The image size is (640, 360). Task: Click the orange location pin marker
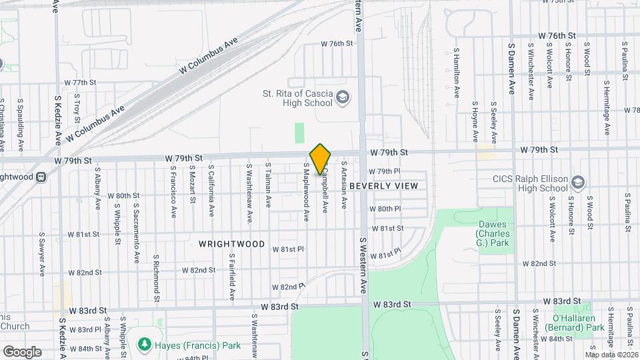321,159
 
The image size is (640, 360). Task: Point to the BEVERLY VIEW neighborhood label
383,186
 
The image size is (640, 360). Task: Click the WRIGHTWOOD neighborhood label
231,244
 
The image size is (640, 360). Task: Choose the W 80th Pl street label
385,209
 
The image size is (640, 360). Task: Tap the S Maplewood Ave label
307,192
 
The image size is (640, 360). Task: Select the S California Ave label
211,191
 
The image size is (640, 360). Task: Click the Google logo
22,351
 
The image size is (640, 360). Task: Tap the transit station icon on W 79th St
41,177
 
